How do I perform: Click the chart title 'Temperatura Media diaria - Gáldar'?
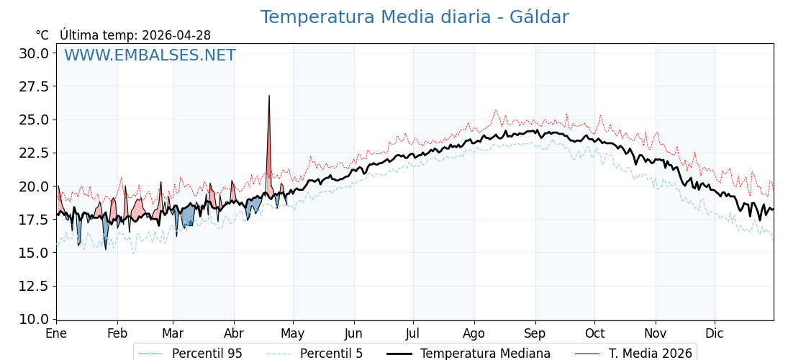[x=414, y=17]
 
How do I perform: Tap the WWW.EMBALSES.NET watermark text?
[x=150, y=55]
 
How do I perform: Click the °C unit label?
[x=42, y=35]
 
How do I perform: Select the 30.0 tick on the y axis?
[x=34, y=53]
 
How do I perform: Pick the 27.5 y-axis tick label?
[x=34, y=86]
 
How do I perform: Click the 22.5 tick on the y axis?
[x=34, y=153]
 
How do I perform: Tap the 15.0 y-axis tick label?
[x=34, y=253]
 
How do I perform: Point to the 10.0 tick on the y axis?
[x=34, y=319]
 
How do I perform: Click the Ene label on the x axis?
[x=56, y=333]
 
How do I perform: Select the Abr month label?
[x=234, y=333]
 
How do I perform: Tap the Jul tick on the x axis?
[x=413, y=333]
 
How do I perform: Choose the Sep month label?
[x=535, y=333]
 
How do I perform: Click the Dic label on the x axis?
[x=715, y=333]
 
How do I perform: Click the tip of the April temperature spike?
[x=269, y=96]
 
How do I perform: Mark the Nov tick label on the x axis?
[x=656, y=333]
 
